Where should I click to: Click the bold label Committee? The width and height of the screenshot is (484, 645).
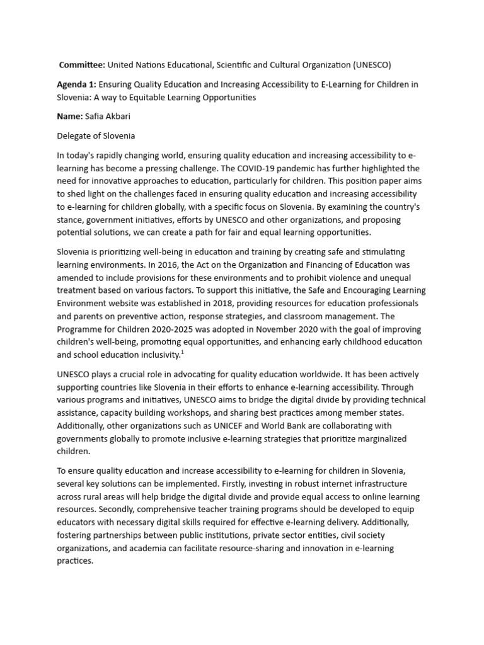pos(82,65)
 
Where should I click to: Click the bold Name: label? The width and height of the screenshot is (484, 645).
pos(69,116)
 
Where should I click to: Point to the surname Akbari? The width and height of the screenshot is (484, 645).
pos(122,116)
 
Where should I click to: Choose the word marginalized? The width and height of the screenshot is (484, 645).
pos(377,438)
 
